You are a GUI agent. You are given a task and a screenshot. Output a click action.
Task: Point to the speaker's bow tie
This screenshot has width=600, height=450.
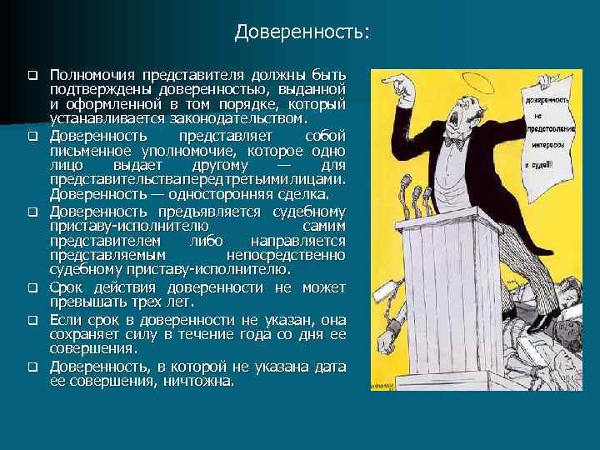coord(455,143)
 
